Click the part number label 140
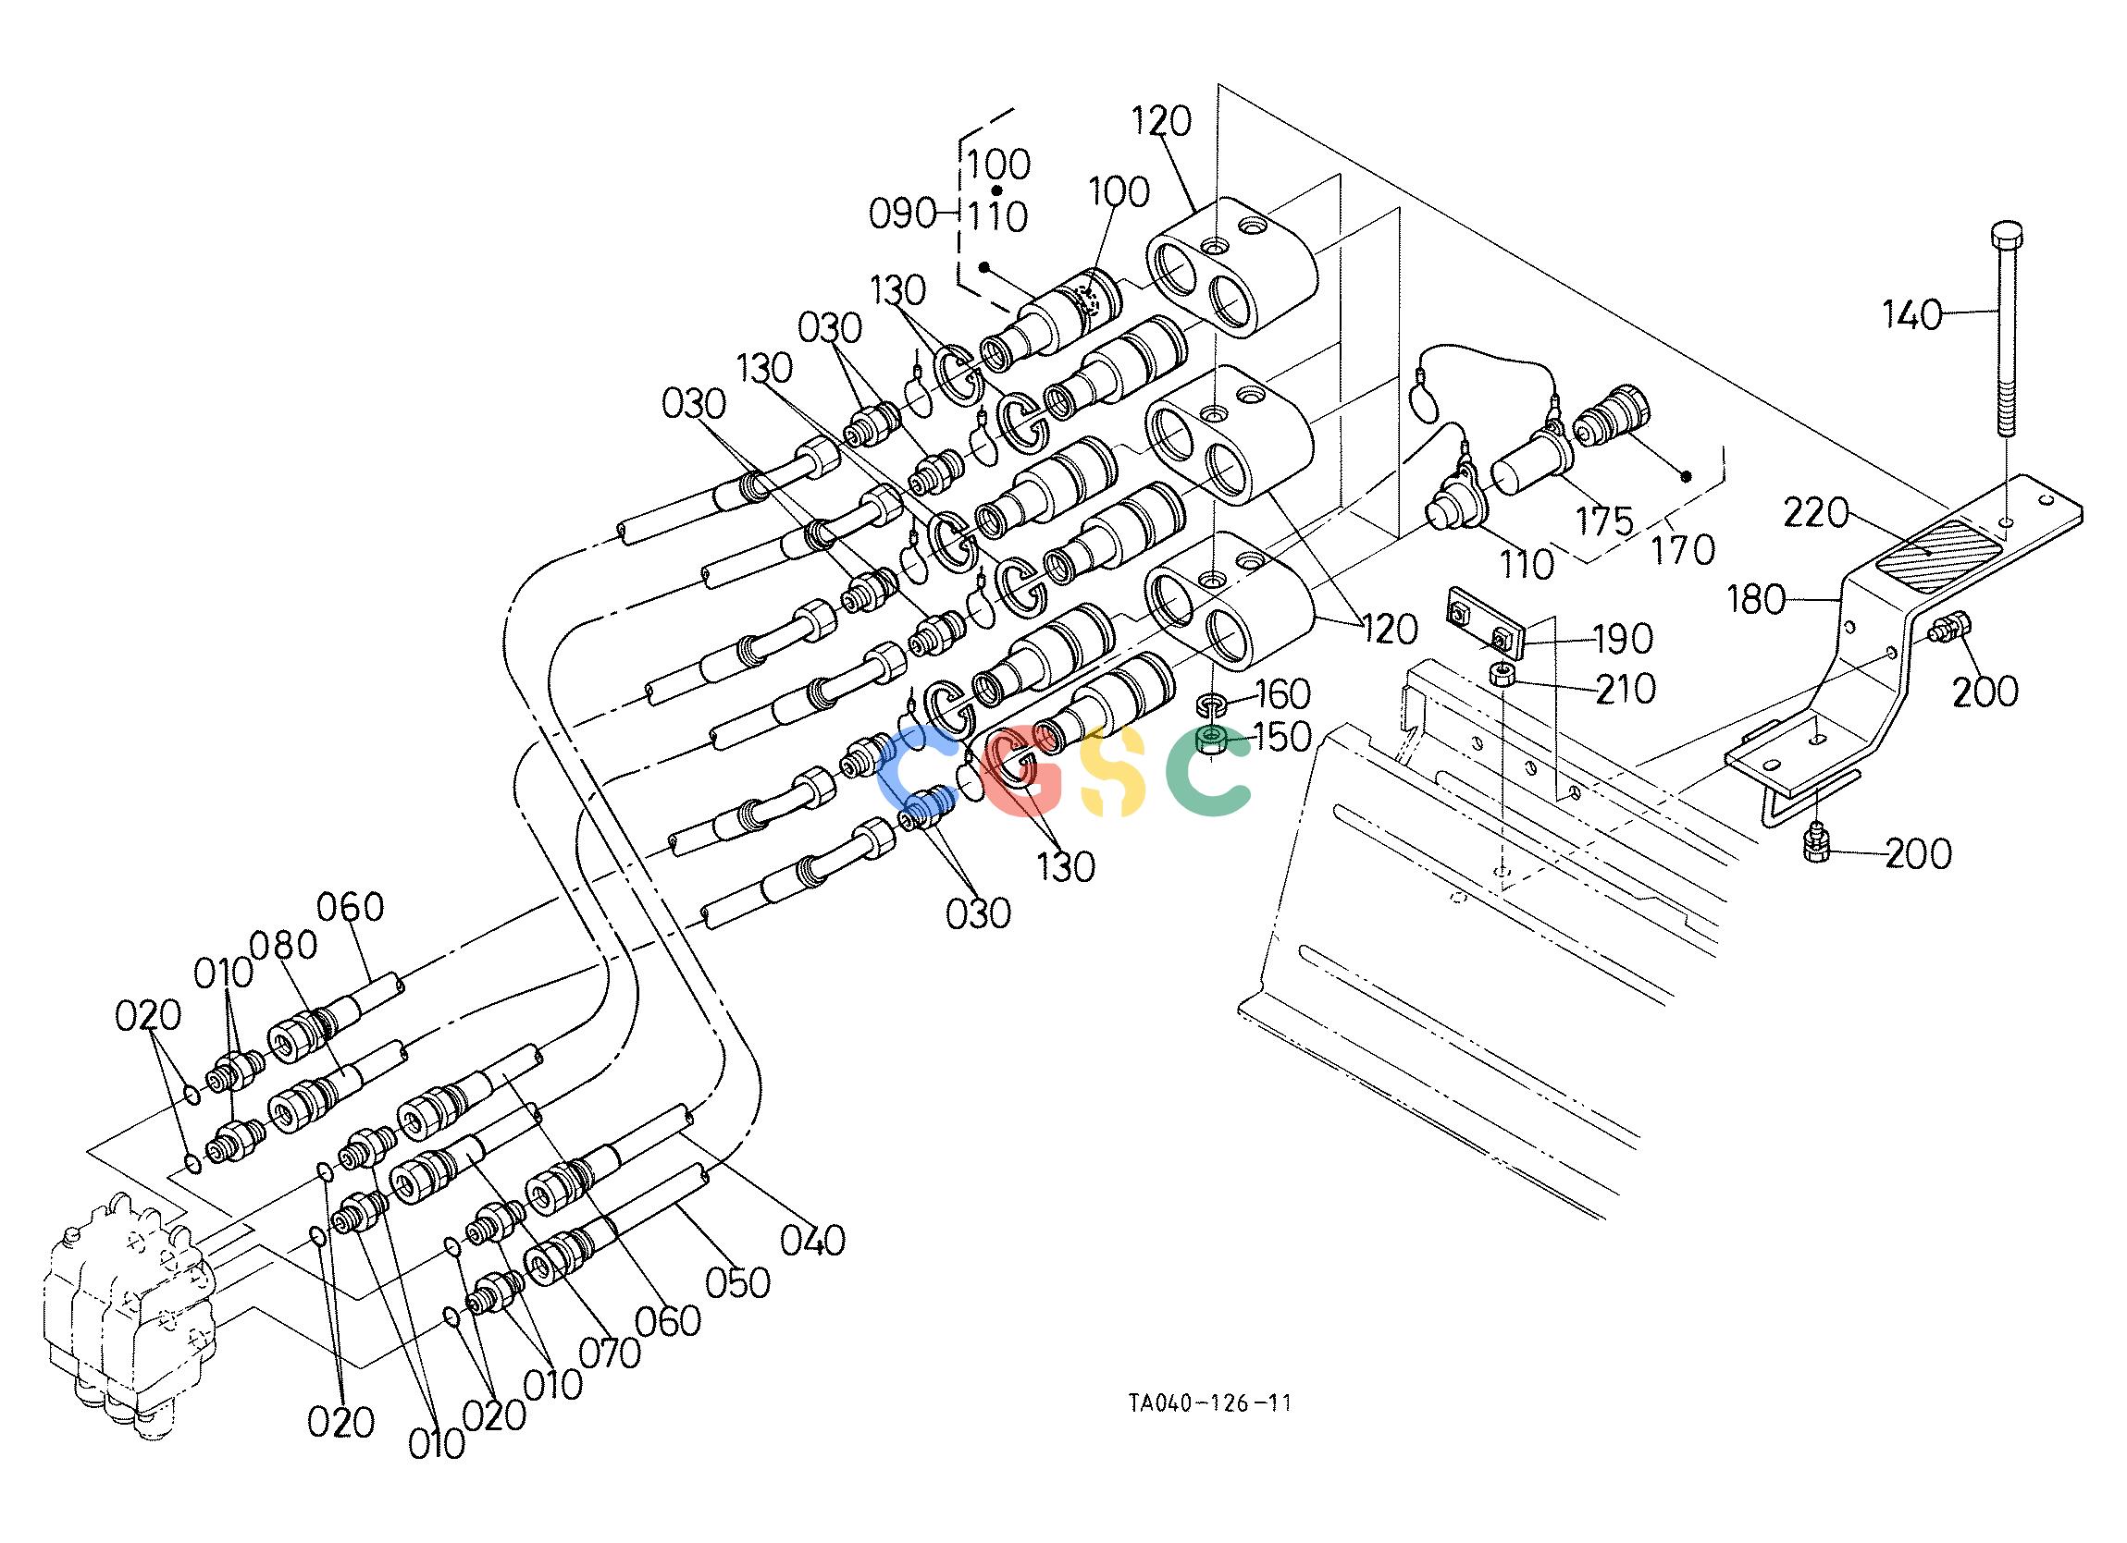click(x=1913, y=316)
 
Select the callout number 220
click(x=1814, y=514)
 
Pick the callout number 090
click(x=902, y=214)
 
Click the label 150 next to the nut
click(x=1281, y=737)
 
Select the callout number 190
click(x=1624, y=640)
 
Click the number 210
click(x=1626, y=689)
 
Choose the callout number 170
click(x=1684, y=550)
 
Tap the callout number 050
click(x=738, y=1282)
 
